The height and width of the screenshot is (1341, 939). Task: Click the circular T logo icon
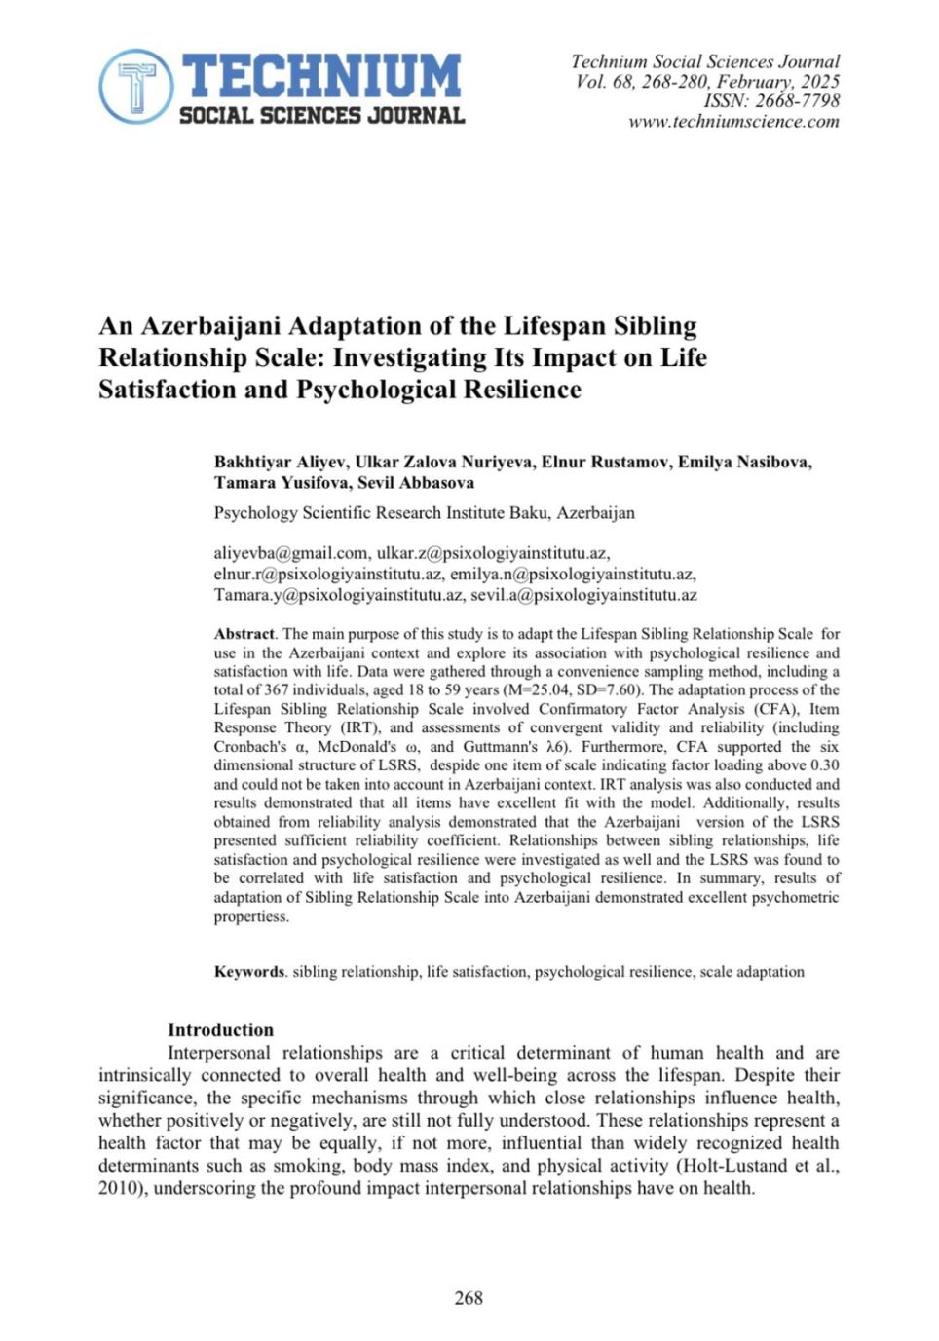tap(136, 86)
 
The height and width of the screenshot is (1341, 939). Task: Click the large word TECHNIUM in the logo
tap(321, 75)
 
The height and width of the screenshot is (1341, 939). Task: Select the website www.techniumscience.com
tap(733, 122)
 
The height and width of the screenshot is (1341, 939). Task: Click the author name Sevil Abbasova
tap(416, 483)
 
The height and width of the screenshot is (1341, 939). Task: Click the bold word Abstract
tap(244, 634)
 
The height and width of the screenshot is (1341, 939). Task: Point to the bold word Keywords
tap(249, 972)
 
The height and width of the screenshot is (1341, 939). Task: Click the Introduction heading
tap(220, 1030)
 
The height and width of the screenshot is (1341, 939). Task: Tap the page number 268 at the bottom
tap(469, 1298)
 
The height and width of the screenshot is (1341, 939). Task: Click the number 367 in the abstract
tap(277, 690)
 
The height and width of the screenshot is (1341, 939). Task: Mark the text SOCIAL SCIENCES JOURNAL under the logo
tap(321, 116)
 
